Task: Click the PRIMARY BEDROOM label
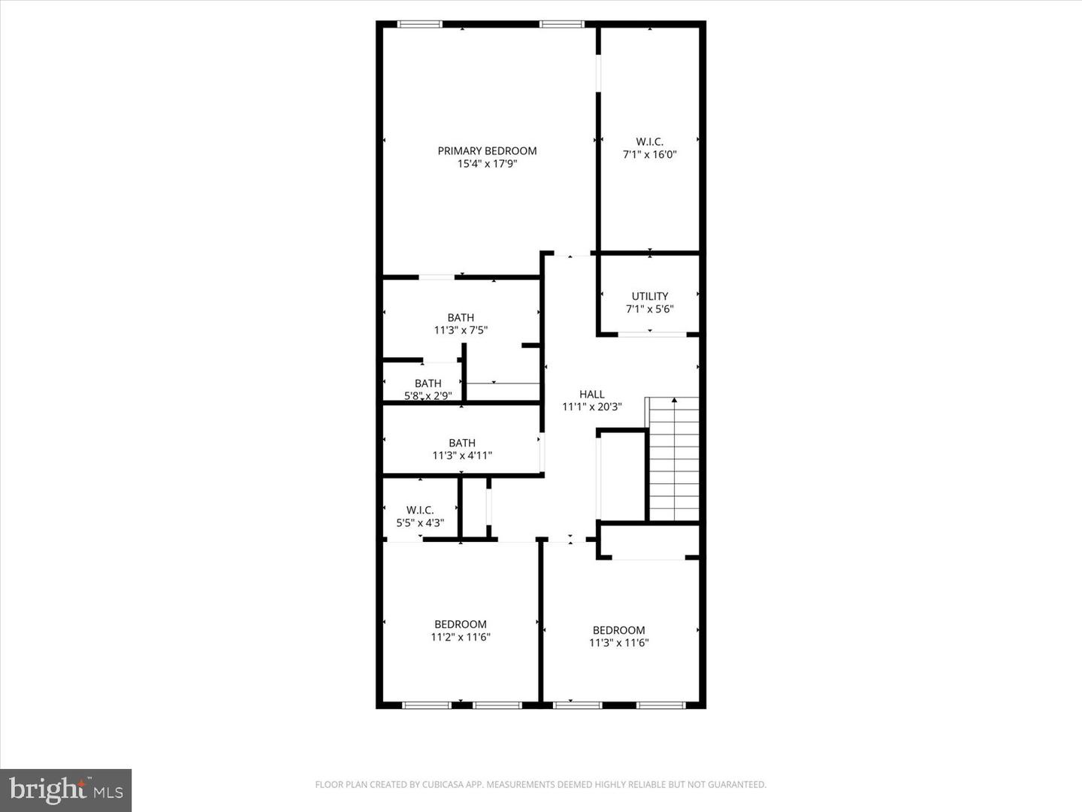click(x=487, y=150)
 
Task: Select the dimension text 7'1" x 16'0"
click(x=649, y=154)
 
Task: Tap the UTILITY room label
click(x=649, y=296)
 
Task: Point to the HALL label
click(x=591, y=394)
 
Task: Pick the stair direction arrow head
click(x=674, y=400)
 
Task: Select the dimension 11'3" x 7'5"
click(x=461, y=329)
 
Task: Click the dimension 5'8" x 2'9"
click(x=428, y=395)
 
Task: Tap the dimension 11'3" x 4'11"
click(x=462, y=455)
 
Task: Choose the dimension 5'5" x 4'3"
click(x=420, y=523)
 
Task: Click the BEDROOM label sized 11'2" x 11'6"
click(x=460, y=624)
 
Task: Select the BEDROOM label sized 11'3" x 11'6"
click(x=618, y=630)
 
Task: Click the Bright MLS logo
click(x=66, y=790)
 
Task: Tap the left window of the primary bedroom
click(x=419, y=25)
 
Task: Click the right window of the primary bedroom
click(x=561, y=25)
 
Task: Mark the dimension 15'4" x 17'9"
click(x=487, y=163)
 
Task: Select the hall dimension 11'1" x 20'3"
click(x=591, y=407)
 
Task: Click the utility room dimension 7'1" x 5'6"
click(x=649, y=308)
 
